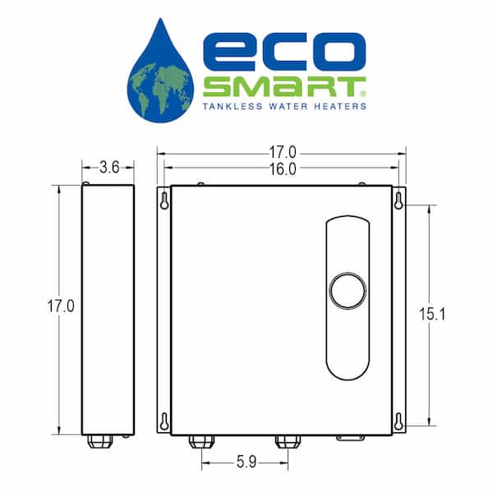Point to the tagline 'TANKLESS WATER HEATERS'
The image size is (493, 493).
click(284, 106)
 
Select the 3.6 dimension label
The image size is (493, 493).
click(109, 167)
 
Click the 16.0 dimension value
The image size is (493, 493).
click(282, 169)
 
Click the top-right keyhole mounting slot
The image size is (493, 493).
click(399, 200)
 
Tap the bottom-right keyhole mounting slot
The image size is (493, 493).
click(399, 422)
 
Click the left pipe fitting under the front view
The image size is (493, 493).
click(201, 441)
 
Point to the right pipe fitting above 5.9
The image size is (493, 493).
click(288, 441)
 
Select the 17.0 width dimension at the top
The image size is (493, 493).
click(282, 152)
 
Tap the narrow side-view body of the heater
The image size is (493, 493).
click(108, 309)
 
